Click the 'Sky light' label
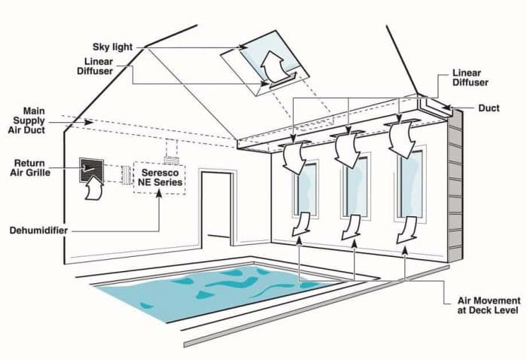click(x=113, y=47)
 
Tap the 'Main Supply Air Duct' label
click(x=26, y=121)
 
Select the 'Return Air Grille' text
click(x=30, y=168)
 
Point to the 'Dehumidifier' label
click(x=38, y=230)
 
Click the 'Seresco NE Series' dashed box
click(x=160, y=178)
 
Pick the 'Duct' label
click(x=489, y=108)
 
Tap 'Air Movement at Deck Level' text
click(x=489, y=305)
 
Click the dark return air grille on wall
click(x=91, y=170)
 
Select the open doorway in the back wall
click(x=217, y=209)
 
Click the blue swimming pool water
click(x=215, y=291)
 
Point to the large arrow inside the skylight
click(x=273, y=66)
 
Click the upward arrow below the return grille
click(x=94, y=189)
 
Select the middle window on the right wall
click(x=355, y=186)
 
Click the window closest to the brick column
click(x=410, y=183)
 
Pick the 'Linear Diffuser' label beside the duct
click(x=471, y=78)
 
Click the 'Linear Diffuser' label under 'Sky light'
click(x=95, y=66)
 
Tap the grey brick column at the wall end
click(x=455, y=186)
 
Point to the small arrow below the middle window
click(x=352, y=227)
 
